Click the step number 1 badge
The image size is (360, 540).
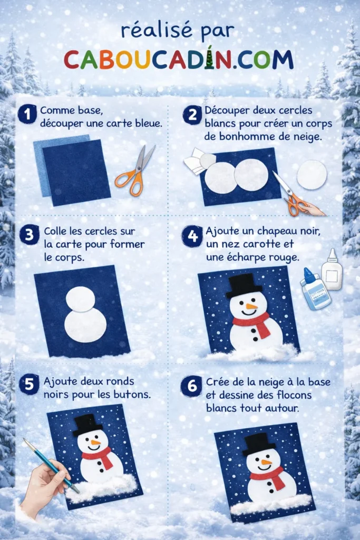(27, 114)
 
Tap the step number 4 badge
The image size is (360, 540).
(192, 237)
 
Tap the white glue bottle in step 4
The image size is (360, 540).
(332, 269)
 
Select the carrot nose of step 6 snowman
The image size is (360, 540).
(267, 462)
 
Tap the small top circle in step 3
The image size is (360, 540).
(81, 299)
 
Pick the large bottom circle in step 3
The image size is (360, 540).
(85, 325)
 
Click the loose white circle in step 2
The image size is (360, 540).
(312, 175)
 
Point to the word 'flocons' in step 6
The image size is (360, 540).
(290, 394)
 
